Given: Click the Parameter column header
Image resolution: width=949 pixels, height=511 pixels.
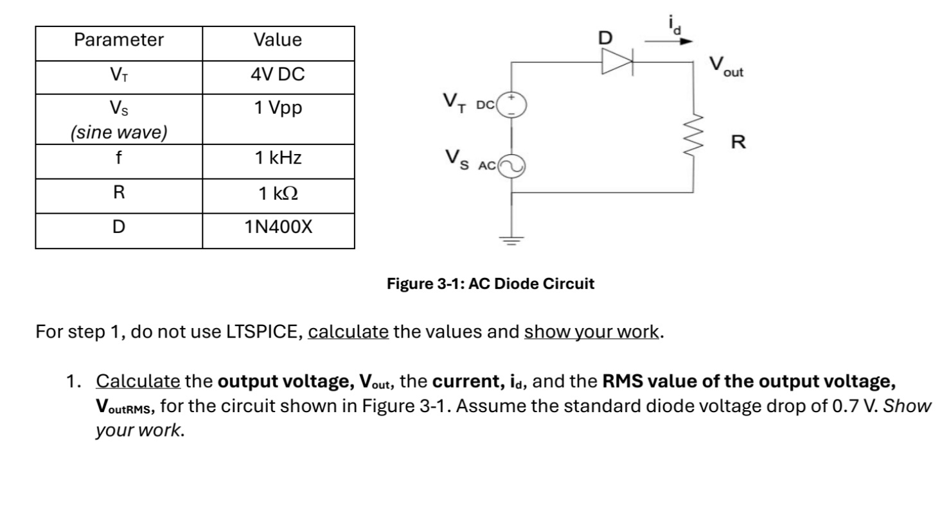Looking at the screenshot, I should [119, 40].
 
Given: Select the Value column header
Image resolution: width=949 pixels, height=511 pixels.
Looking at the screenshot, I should [278, 40].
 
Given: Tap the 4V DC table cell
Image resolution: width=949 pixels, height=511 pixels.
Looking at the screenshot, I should [278, 76].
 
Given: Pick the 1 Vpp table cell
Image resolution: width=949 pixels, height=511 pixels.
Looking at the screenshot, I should [278, 108].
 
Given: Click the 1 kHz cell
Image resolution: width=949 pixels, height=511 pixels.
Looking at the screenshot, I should [278, 159].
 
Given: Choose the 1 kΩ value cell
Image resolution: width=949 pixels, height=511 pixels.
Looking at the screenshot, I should [278, 193].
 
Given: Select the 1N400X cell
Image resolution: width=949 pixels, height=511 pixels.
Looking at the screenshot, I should [278, 227].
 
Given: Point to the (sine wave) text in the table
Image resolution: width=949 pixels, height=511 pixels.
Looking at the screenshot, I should [119, 132].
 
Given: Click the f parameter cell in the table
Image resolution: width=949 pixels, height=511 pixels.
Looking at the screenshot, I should [119, 159].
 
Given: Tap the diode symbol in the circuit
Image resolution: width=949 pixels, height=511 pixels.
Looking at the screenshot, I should [616, 62].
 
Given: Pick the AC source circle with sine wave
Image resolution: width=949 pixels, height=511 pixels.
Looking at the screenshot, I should [512, 166].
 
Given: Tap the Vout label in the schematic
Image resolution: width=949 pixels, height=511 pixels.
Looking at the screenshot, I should [726, 67].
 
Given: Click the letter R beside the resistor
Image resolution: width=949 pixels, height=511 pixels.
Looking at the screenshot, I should [739, 142].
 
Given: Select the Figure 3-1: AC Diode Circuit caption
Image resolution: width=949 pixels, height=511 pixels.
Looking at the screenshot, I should [490, 284].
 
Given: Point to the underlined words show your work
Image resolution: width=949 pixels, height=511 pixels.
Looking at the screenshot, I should [592, 332].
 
